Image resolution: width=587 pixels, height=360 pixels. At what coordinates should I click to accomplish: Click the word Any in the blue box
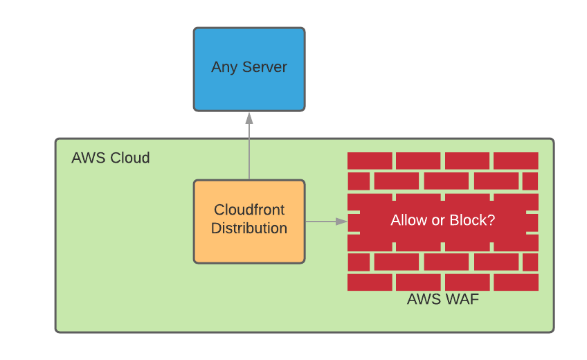(x=224, y=68)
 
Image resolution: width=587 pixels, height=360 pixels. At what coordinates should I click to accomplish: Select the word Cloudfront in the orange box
(x=249, y=210)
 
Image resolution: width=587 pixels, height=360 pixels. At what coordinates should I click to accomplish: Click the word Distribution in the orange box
(x=249, y=228)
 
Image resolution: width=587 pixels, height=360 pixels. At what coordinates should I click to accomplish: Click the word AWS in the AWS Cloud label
(x=87, y=158)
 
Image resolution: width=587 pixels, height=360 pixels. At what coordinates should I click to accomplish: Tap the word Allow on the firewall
(x=408, y=220)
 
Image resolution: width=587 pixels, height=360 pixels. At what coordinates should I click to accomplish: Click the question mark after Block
(x=491, y=220)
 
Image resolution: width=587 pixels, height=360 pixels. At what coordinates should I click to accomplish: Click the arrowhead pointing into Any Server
(x=249, y=118)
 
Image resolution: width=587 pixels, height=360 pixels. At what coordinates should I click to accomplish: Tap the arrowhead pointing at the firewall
(x=341, y=222)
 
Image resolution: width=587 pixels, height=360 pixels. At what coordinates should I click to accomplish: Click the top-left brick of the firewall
(x=370, y=161)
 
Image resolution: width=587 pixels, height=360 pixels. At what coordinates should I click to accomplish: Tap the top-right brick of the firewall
(x=516, y=161)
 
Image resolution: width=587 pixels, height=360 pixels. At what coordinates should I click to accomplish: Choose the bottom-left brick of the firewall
(x=370, y=282)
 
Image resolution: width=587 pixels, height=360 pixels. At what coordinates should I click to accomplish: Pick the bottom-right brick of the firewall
(x=516, y=282)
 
